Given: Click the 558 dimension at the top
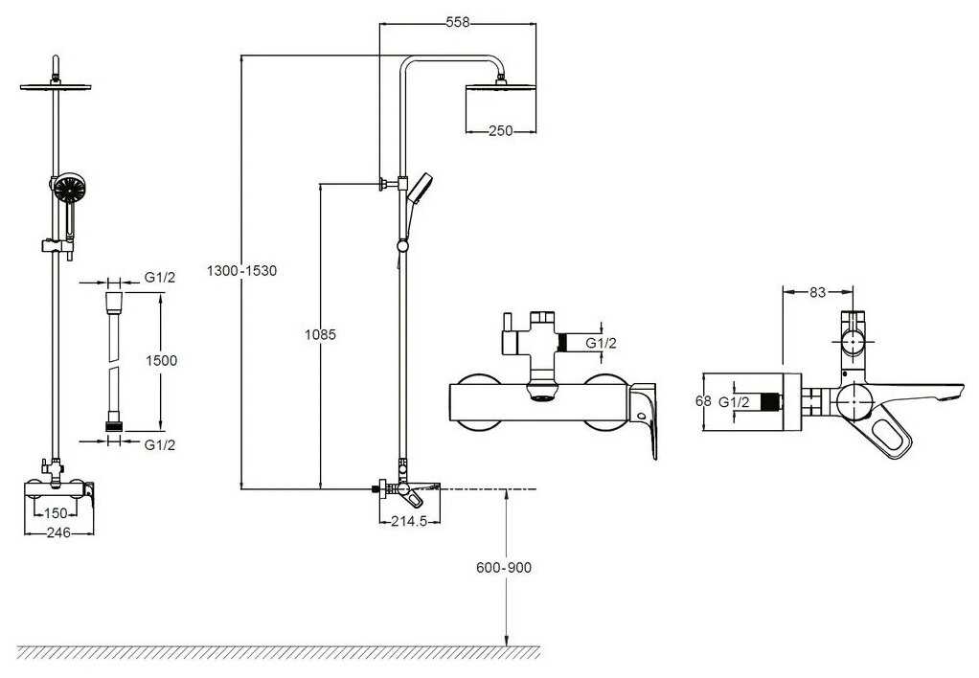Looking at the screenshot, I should tap(458, 23).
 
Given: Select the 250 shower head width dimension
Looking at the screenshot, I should tap(500, 131).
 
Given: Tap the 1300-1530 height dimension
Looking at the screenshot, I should tap(241, 271).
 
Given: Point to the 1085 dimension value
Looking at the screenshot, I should tap(320, 334).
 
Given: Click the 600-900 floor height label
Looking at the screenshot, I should tap(504, 568).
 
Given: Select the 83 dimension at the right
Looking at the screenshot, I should tap(817, 292).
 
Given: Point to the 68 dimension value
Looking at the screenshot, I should tap(704, 402).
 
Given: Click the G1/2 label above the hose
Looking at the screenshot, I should tap(160, 278).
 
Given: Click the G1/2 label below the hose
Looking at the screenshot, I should tap(160, 443).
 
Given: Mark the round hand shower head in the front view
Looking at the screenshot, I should tap(68, 189).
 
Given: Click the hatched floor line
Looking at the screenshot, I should tap(278, 652).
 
